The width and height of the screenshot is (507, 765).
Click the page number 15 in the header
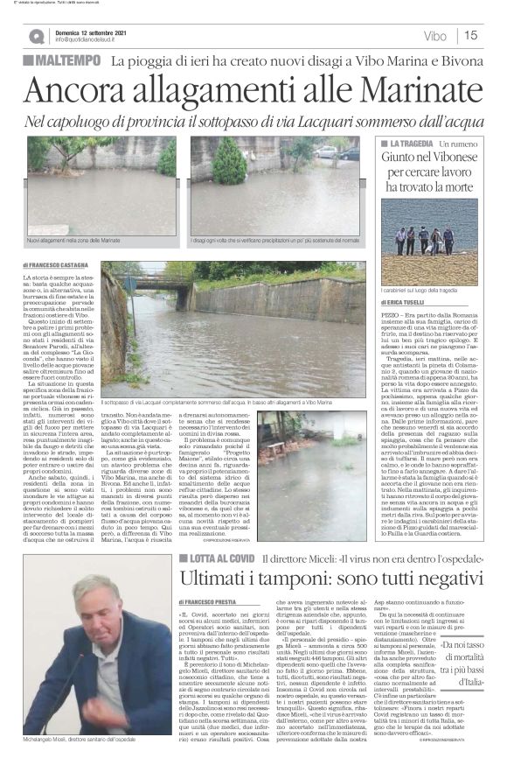pos(470,35)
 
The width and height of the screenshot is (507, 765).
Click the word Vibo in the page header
pos(434,36)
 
